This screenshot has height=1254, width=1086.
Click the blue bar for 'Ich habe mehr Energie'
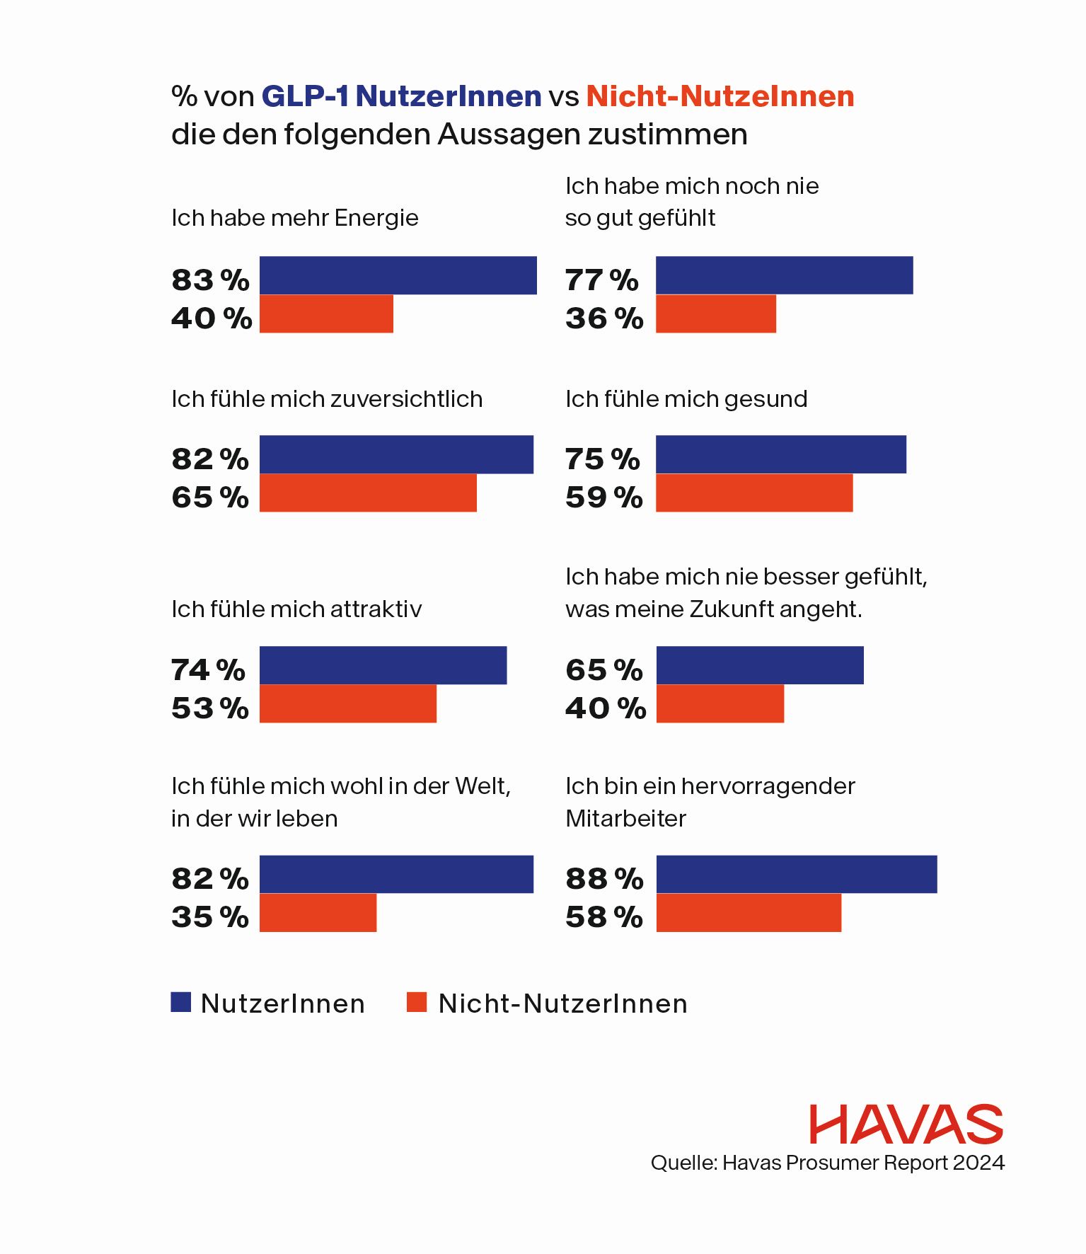(x=398, y=275)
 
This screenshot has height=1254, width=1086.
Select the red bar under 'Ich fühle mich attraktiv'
(x=347, y=703)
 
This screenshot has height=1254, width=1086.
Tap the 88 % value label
(x=604, y=878)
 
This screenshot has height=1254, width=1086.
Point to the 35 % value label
(x=209, y=916)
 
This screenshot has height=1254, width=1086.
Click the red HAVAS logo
(x=906, y=1124)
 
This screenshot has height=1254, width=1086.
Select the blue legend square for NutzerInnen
(x=181, y=1002)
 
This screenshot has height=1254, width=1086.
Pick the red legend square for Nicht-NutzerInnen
(x=417, y=1002)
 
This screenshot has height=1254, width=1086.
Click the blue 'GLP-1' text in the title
(x=305, y=96)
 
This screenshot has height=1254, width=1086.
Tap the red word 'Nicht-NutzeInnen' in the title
(x=720, y=96)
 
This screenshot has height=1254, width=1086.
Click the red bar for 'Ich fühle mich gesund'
(x=754, y=493)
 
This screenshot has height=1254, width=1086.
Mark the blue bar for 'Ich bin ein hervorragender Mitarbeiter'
(x=797, y=874)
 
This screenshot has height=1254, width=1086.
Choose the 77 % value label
(x=601, y=280)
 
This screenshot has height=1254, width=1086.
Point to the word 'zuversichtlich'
(x=406, y=399)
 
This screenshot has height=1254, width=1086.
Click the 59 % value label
(x=604, y=497)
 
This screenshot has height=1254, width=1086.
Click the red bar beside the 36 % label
(x=716, y=313)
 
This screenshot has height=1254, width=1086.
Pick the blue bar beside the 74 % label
(x=383, y=665)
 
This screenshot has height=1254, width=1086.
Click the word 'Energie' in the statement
(x=376, y=218)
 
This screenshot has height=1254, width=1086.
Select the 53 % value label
(x=209, y=708)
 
